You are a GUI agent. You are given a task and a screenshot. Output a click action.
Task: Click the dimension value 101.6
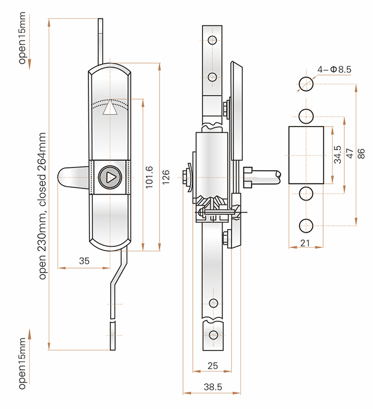point(149,178)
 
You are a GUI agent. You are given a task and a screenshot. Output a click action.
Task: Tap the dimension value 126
point(166,178)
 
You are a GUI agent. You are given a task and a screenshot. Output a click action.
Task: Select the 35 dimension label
point(84,261)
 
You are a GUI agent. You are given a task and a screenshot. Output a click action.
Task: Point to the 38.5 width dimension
point(213,387)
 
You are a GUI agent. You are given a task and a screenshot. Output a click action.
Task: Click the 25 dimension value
point(213,365)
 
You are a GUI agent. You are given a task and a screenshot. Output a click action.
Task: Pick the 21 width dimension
point(305,243)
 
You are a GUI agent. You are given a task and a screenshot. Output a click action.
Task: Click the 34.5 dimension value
point(337,155)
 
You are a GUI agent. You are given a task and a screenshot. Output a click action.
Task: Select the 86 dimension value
point(361,154)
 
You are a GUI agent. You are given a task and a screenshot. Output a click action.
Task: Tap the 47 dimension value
point(349,154)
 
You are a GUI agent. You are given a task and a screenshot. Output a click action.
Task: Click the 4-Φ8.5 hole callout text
point(335,69)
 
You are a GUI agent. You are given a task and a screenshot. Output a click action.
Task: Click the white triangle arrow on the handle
point(110,107)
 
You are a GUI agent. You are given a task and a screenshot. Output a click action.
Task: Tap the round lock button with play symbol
point(110,178)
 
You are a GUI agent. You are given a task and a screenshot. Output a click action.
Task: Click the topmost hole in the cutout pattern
point(306,84)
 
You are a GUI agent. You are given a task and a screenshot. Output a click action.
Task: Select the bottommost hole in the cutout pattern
point(306,226)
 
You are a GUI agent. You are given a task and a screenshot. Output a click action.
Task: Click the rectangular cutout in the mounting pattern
point(306,155)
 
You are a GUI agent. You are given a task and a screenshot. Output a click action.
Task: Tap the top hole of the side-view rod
point(212,41)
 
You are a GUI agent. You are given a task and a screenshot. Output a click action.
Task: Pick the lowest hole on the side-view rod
point(213,335)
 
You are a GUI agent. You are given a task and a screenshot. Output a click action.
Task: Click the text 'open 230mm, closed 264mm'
point(42,206)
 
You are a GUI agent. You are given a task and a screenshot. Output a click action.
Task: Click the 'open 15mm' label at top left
point(22,38)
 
